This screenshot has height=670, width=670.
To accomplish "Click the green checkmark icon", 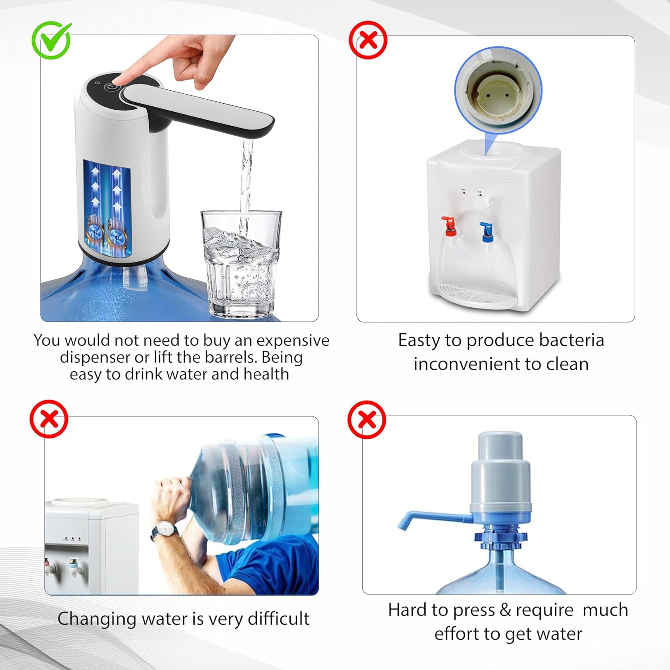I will click(x=51, y=40).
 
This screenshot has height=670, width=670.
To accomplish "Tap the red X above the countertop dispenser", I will click(x=368, y=40).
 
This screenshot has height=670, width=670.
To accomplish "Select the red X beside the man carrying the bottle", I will click(x=49, y=419).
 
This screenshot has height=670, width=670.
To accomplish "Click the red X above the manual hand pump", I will click(x=367, y=419).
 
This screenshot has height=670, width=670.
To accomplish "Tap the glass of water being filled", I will click(x=242, y=264).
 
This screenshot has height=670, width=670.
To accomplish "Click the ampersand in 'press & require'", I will click(x=505, y=610).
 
